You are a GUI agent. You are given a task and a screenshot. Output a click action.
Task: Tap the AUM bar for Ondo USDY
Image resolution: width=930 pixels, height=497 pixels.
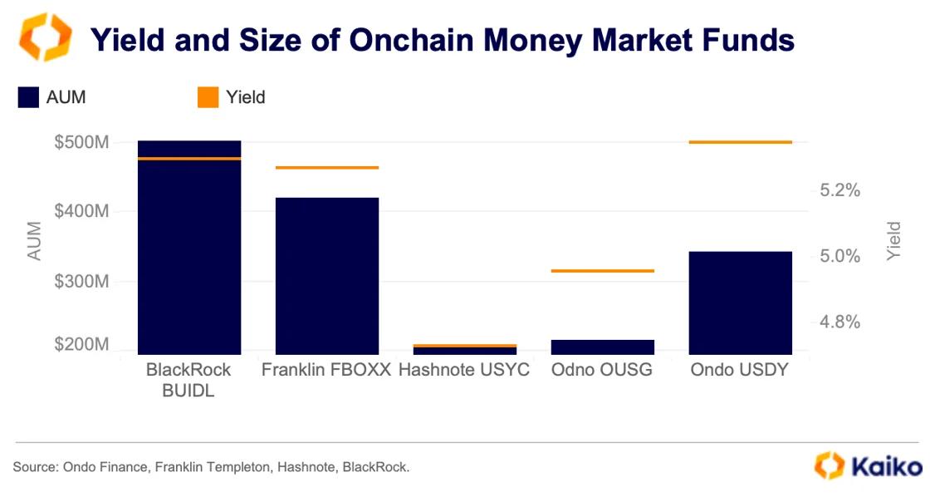click(741, 303)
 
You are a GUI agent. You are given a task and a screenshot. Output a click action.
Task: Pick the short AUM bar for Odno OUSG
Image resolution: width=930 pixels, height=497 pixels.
click(603, 347)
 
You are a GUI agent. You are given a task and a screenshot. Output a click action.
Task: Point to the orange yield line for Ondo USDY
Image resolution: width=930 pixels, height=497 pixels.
click(741, 142)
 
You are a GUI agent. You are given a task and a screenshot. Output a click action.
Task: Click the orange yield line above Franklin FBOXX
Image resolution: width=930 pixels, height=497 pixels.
click(327, 168)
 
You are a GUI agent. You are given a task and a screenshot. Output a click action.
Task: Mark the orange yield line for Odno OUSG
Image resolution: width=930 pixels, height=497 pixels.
click(603, 271)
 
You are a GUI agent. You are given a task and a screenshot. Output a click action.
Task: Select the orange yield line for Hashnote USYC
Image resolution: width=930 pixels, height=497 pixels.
click(465, 345)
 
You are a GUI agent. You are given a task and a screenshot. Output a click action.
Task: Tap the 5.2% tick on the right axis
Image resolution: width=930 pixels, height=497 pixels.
click(839, 190)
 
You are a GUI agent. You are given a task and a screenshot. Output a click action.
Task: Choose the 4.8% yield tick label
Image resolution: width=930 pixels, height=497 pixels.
click(839, 322)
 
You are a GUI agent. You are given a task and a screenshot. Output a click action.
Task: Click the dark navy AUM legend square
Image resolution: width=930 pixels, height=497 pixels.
click(29, 97)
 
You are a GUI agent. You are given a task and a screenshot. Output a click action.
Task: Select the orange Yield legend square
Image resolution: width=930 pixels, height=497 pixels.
click(208, 97)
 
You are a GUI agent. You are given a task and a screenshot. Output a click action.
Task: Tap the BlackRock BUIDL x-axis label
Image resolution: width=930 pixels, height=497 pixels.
click(188, 380)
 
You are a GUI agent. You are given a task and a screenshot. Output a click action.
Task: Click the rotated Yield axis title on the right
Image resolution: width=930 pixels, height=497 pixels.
click(893, 241)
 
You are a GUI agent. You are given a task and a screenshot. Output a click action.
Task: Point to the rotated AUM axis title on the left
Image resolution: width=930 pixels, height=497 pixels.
click(34, 241)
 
